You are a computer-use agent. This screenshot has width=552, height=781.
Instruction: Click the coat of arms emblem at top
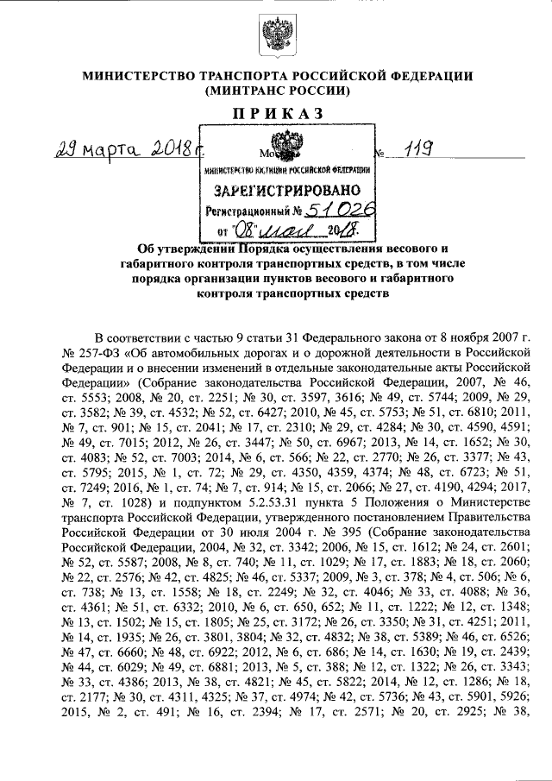[275, 36]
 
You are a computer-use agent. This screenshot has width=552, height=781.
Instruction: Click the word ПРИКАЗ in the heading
[275, 112]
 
